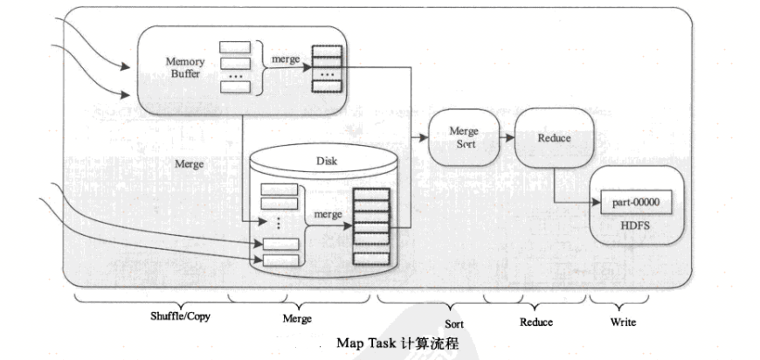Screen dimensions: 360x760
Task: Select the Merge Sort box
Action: point(463,137)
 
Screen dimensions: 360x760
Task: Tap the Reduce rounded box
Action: point(554,138)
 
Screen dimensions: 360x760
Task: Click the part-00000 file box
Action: point(635,203)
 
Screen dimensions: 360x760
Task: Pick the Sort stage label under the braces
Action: point(453,324)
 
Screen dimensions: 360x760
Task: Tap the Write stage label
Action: point(622,322)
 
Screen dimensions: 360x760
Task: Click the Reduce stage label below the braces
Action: point(536,322)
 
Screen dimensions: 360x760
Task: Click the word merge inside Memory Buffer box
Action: point(286,58)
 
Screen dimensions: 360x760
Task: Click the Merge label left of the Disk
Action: point(190,163)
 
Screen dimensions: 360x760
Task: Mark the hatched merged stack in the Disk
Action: point(370,226)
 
